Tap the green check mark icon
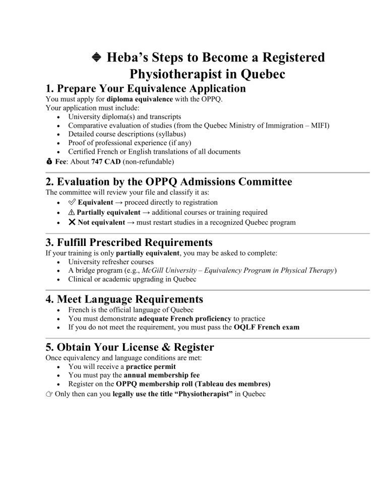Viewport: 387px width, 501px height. pos(72,203)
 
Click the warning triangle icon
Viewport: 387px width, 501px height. pos(72,212)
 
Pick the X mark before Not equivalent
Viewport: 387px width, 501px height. pos(72,222)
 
